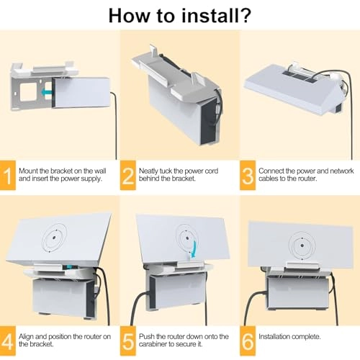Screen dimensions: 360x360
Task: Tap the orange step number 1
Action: [8, 176]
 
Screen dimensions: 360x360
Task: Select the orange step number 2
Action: [128, 176]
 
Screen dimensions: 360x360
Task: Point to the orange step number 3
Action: [248, 176]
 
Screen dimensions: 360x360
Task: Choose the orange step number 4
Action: [8, 341]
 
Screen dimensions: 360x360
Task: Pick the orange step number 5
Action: [128, 341]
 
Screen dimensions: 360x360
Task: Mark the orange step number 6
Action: [248, 341]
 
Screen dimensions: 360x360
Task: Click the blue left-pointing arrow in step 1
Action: [46, 92]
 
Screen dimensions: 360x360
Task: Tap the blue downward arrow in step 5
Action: [194, 250]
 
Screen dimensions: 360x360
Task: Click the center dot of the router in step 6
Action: [302, 246]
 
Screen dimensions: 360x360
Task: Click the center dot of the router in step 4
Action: [54, 238]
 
